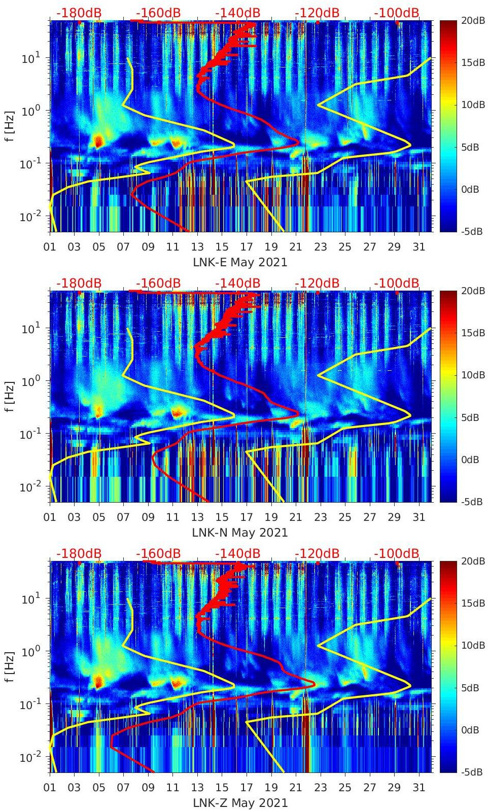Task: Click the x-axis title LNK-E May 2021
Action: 240,262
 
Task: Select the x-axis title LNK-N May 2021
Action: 240,533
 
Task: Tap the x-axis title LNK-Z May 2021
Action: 240,803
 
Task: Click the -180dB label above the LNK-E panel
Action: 79,13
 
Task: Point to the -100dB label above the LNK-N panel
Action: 397,283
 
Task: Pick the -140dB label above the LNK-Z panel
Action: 237,553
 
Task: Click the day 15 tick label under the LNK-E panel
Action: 222,247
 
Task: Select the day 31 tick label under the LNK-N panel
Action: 419,517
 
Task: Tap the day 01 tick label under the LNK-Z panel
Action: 50,788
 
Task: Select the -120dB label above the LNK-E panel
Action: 317,13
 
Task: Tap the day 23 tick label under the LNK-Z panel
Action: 320,788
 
